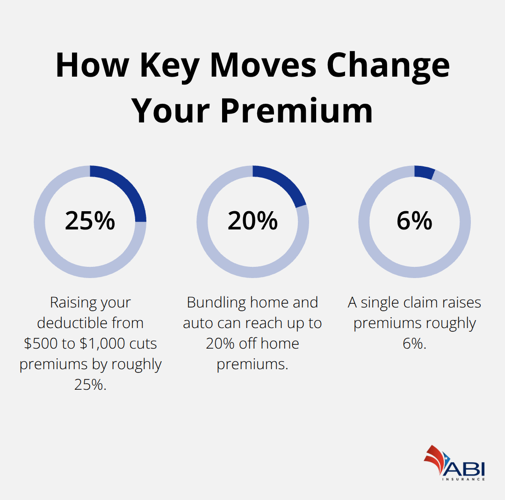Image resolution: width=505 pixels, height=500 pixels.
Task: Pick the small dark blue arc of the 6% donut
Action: (425, 172)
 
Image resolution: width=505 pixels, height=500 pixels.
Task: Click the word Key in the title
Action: (167, 65)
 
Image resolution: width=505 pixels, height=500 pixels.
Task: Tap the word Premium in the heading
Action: (296, 111)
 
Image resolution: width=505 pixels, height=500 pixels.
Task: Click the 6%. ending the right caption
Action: (414, 343)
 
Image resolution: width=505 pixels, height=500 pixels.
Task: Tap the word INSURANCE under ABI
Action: (463, 479)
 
